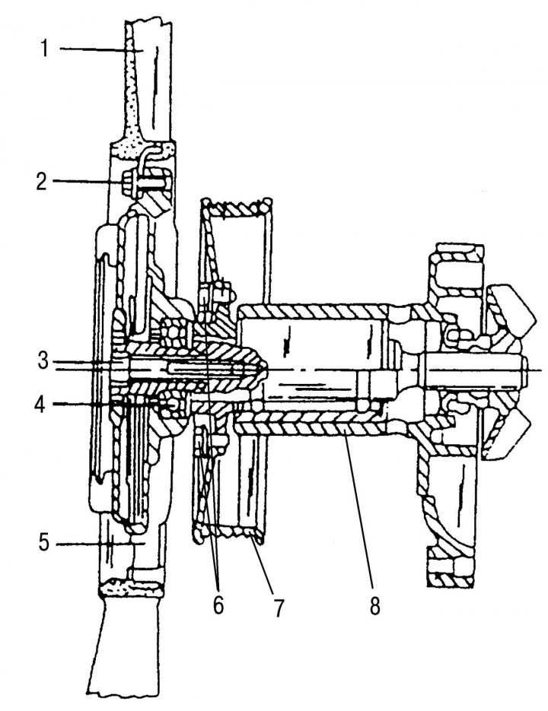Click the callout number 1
[x=44, y=49]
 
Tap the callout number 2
[x=42, y=182]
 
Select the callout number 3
[x=43, y=361]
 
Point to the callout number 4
[x=42, y=404]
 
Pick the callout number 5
[x=43, y=542]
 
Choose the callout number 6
[x=218, y=605]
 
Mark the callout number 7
[x=278, y=607]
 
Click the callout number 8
[x=374, y=605]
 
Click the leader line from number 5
[x=100, y=543]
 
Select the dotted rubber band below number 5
[x=131, y=588]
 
